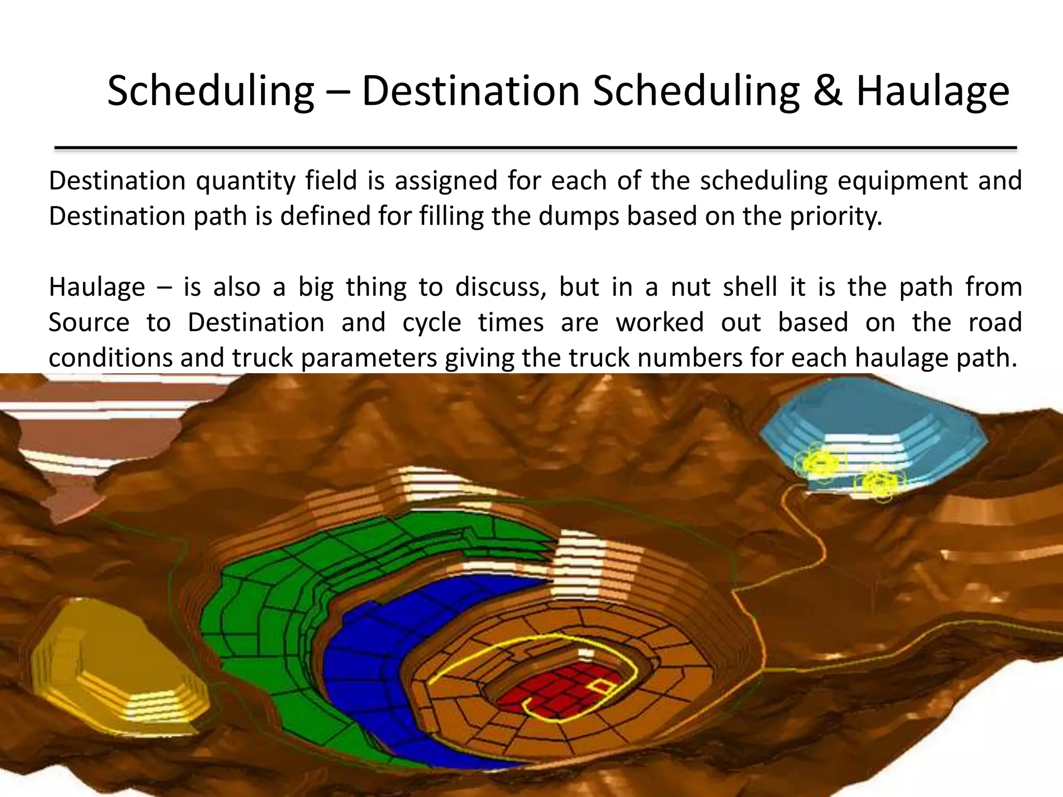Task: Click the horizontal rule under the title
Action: [x=535, y=148]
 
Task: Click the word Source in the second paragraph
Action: [x=89, y=323]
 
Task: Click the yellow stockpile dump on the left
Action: [x=114, y=669]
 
